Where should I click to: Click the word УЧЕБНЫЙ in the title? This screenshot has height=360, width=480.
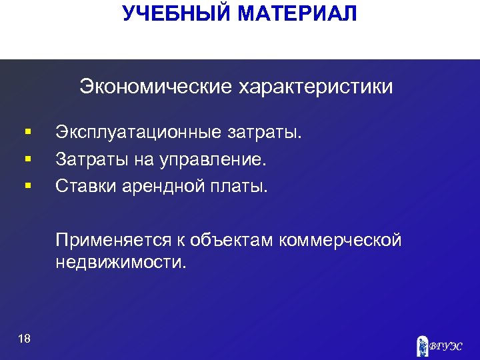point(173,13)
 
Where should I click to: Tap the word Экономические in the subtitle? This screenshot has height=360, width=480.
point(153,87)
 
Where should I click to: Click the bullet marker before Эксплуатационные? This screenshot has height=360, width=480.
point(27,133)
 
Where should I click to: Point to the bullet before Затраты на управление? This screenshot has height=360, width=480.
point(27,159)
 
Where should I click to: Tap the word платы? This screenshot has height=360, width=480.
point(241,185)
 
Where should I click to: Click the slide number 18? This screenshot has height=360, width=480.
point(25,339)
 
